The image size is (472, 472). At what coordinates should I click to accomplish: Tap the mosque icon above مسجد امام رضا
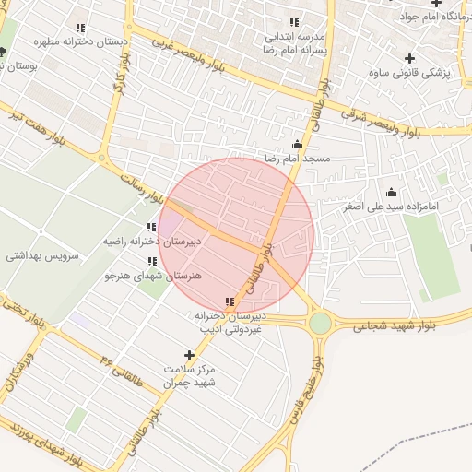coord(297,144)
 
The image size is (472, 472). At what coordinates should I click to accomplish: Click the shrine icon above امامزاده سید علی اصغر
coord(391,192)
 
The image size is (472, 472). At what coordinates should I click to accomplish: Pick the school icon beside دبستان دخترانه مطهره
coord(81,28)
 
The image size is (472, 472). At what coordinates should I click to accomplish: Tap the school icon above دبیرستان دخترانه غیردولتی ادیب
coord(229,301)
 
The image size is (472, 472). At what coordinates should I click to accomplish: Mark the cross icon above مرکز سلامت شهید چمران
coord(190,355)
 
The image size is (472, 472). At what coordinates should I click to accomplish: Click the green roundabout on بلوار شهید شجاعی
coord(320,323)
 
